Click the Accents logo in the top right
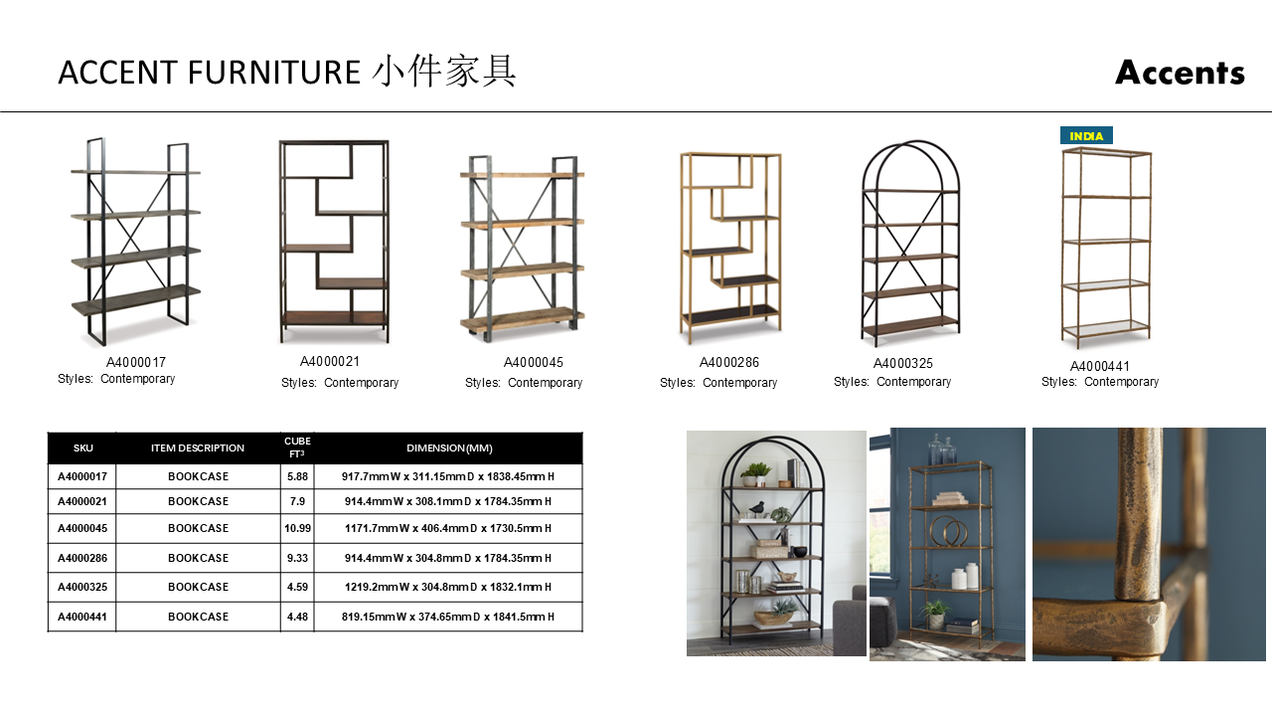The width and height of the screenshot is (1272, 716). pos(1180,73)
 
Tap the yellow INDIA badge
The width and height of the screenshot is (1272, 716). pos(1086,136)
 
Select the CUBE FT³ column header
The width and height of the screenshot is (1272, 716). pos(297,447)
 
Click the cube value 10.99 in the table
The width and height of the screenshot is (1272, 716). pos(297,528)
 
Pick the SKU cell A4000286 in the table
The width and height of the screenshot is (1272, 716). pos(82,558)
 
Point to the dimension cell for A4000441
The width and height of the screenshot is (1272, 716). pos(447,617)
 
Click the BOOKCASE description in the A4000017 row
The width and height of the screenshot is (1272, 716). pos(198,476)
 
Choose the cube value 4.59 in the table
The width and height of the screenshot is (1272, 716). pos(297,587)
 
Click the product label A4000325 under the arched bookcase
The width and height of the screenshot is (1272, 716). pos(903,363)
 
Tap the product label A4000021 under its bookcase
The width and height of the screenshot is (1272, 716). pos(330,362)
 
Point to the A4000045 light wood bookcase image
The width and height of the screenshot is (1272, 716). pos(521,249)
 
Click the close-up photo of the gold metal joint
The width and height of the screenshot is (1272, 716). pos(1149,544)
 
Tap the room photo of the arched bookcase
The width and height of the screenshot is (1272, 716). pos(776,543)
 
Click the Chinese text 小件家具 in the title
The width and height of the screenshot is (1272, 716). pos(445,73)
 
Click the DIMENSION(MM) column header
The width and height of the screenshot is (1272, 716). pos(449,448)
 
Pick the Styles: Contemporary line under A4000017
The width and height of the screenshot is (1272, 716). pos(116,379)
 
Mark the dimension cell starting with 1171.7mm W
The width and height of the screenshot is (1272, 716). pos(447,528)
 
